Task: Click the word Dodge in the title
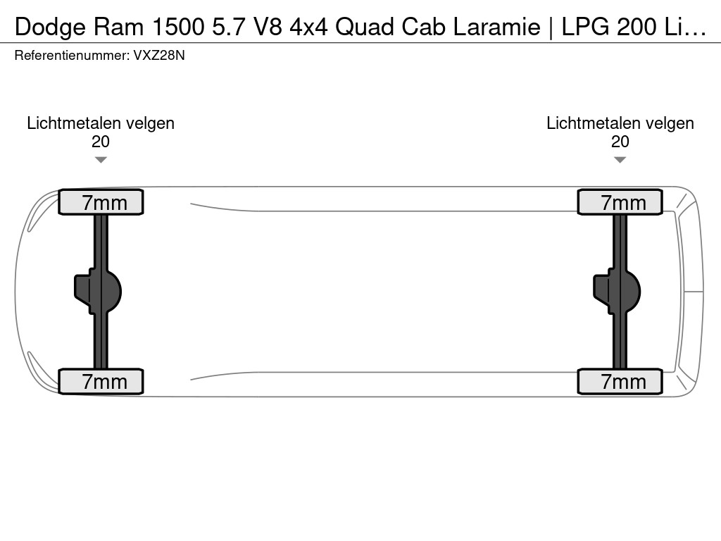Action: [50, 27]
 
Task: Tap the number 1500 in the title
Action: [178, 27]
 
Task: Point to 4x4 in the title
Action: [308, 27]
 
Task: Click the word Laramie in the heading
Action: [496, 27]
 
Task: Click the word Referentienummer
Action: [72, 56]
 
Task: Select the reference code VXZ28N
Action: [159, 56]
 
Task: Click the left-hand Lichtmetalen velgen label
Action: [101, 123]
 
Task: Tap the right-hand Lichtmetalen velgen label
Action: [620, 123]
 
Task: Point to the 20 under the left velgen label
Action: [100, 142]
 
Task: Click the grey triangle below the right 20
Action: [620, 160]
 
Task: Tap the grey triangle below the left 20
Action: [101, 160]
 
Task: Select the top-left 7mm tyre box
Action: [101, 202]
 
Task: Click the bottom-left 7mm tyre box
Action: [101, 381]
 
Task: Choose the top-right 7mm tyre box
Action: [620, 202]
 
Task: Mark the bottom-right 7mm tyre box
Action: [620, 381]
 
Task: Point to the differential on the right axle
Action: [617, 292]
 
